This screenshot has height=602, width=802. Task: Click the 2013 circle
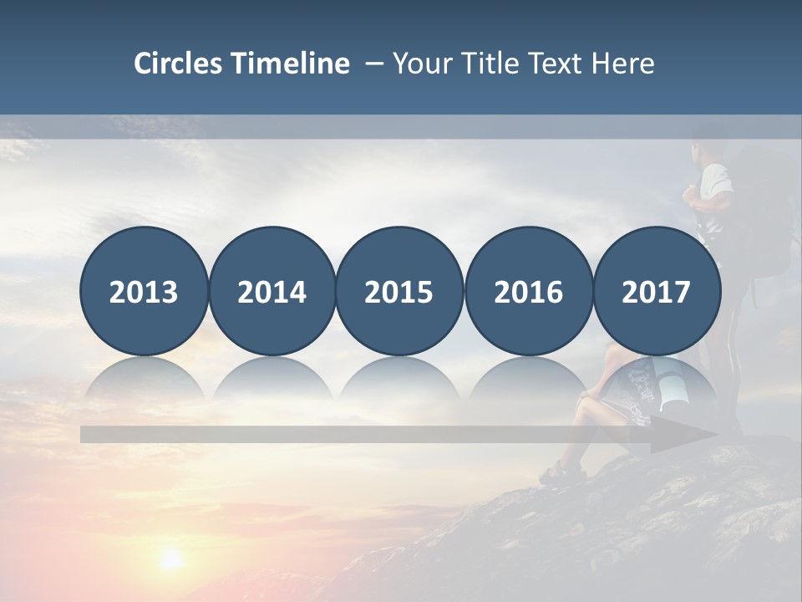click(x=144, y=291)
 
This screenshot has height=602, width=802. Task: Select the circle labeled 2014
click(x=272, y=291)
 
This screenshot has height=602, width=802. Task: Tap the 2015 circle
click(x=399, y=291)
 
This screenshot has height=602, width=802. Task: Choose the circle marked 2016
click(x=528, y=291)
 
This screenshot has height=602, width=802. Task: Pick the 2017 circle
click(x=656, y=291)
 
